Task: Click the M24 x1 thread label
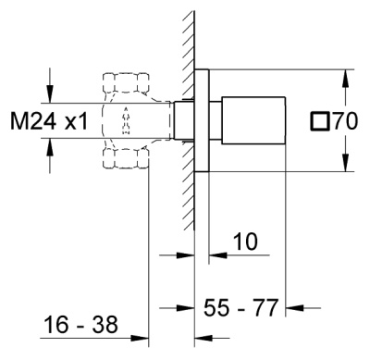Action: click(49, 120)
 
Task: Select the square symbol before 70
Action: click(320, 120)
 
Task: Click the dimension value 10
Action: click(245, 242)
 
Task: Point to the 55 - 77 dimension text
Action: click(241, 307)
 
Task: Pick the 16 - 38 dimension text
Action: click(80, 324)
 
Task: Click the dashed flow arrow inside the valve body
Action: click(126, 120)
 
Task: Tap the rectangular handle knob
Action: click(253, 120)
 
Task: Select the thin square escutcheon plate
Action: click(202, 120)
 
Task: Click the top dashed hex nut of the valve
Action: click(127, 82)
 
